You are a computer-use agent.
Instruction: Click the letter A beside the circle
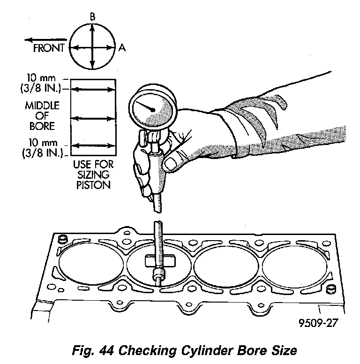pos(122,47)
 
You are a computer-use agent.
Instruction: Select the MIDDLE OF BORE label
pos(43,116)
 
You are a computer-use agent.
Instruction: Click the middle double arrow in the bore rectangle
pos(94,119)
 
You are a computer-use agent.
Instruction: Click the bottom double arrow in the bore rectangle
pos(94,147)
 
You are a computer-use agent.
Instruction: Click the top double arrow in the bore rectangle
pos(94,88)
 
